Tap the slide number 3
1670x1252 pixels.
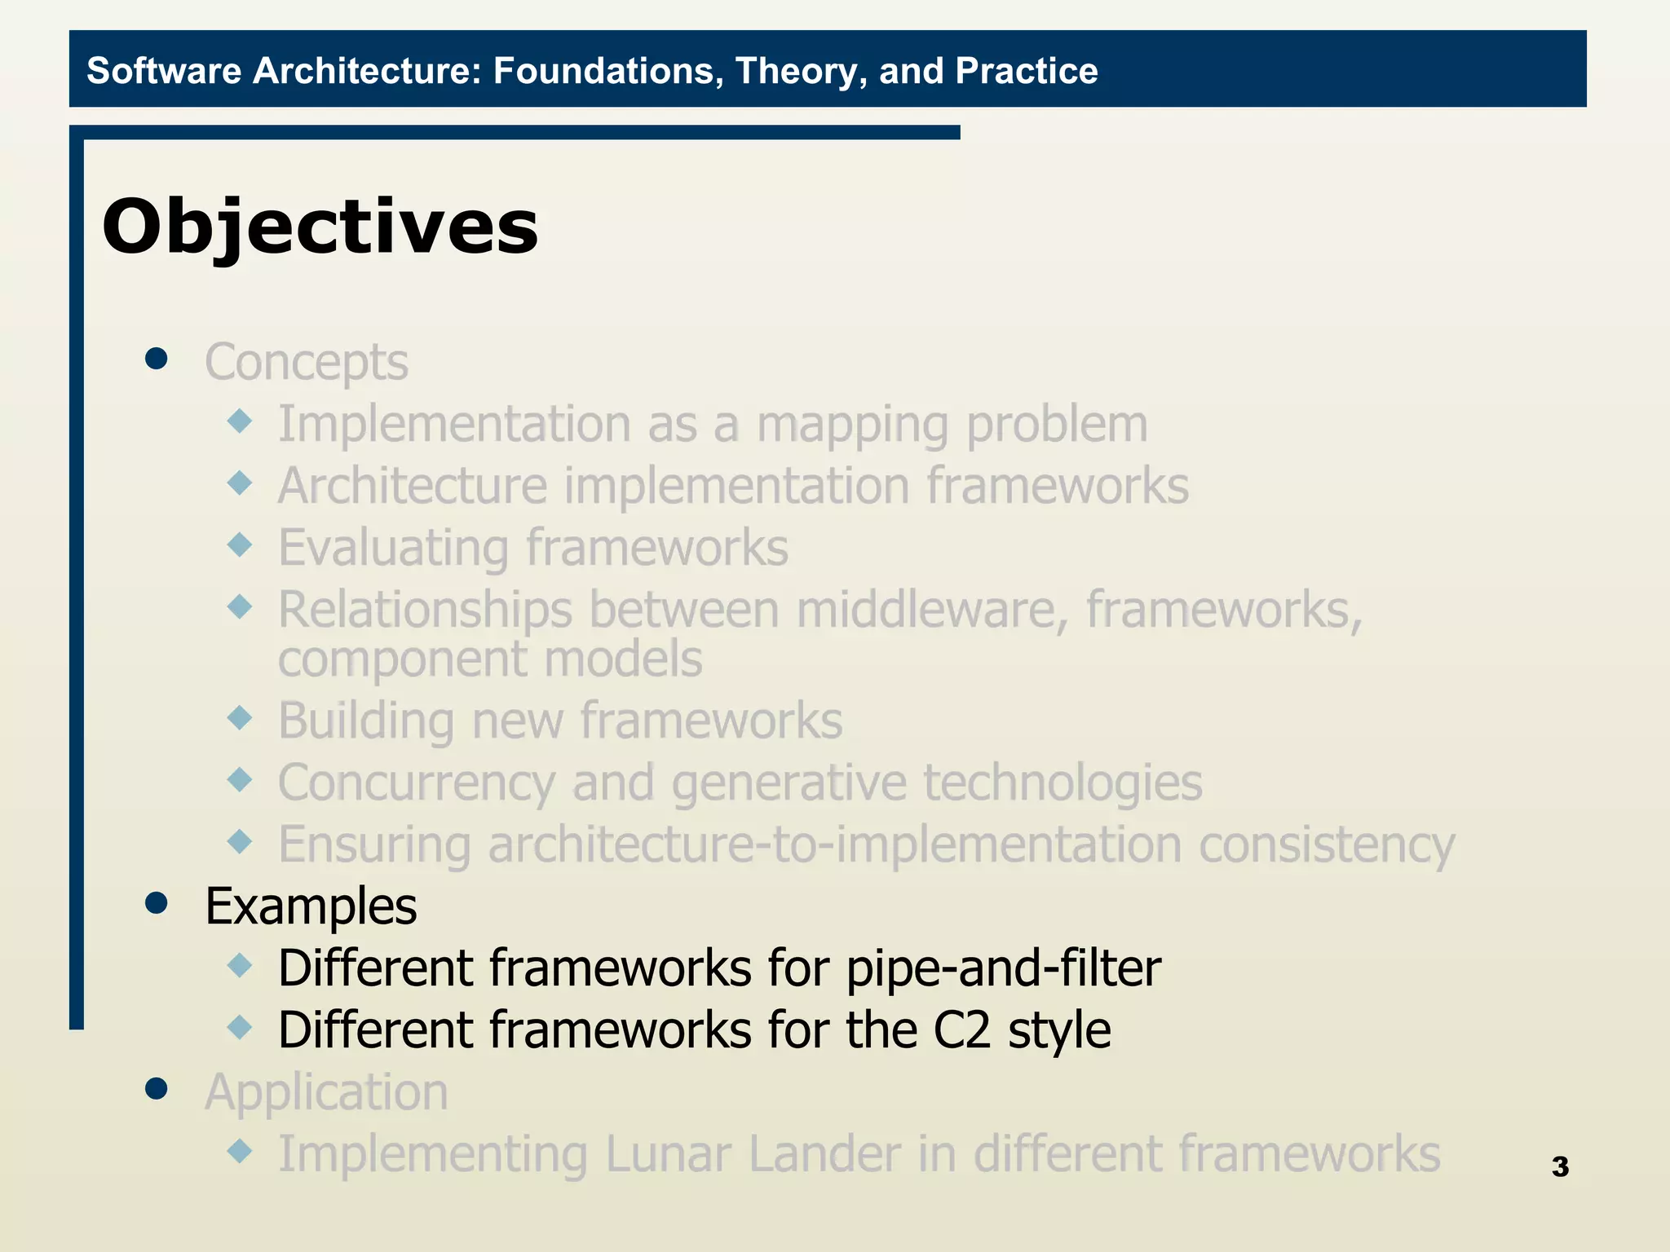(x=1560, y=1166)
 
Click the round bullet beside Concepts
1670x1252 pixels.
(x=156, y=359)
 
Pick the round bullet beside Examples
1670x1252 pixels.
(x=156, y=902)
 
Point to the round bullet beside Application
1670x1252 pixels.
(x=156, y=1088)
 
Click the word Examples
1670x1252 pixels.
(x=311, y=906)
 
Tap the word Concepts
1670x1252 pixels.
(x=306, y=363)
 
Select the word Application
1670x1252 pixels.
(x=326, y=1092)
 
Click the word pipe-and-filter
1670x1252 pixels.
(x=1003, y=969)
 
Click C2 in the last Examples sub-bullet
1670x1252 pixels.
(x=961, y=1030)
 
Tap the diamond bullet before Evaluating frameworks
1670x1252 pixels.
(x=240, y=544)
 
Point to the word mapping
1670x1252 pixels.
(x=853, y=425)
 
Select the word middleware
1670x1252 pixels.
(x=932, y=610)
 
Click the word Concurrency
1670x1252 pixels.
(x=417, y=783)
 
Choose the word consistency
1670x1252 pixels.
(x=1326, y=845)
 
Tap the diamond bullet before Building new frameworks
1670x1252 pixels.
(x=240, y=717)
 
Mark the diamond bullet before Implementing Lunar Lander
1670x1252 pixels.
(x=240, y=1151)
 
